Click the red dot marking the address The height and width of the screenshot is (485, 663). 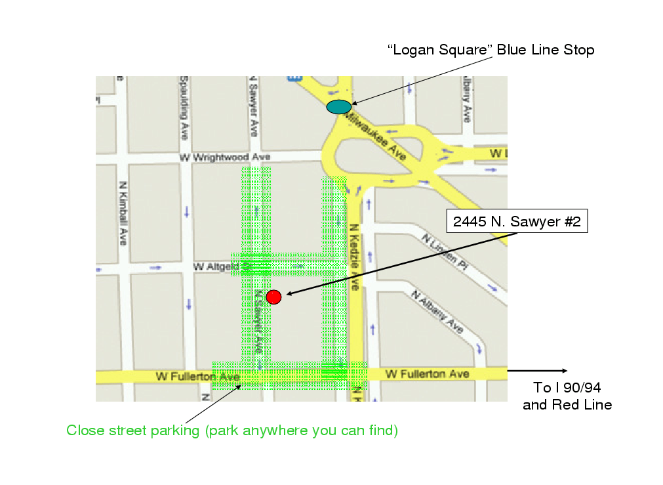pos(273,297)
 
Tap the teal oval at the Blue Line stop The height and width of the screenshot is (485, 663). pos(339,106)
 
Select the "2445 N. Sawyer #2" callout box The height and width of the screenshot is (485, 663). pos(517,222)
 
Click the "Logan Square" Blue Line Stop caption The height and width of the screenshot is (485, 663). pos(491,50)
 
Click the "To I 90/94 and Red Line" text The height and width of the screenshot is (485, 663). pos(567,396)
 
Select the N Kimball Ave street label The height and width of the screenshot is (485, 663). pos(123,214)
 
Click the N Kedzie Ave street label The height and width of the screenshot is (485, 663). pos(353,257)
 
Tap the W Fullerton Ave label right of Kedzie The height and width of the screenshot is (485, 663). pos(427,374)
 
